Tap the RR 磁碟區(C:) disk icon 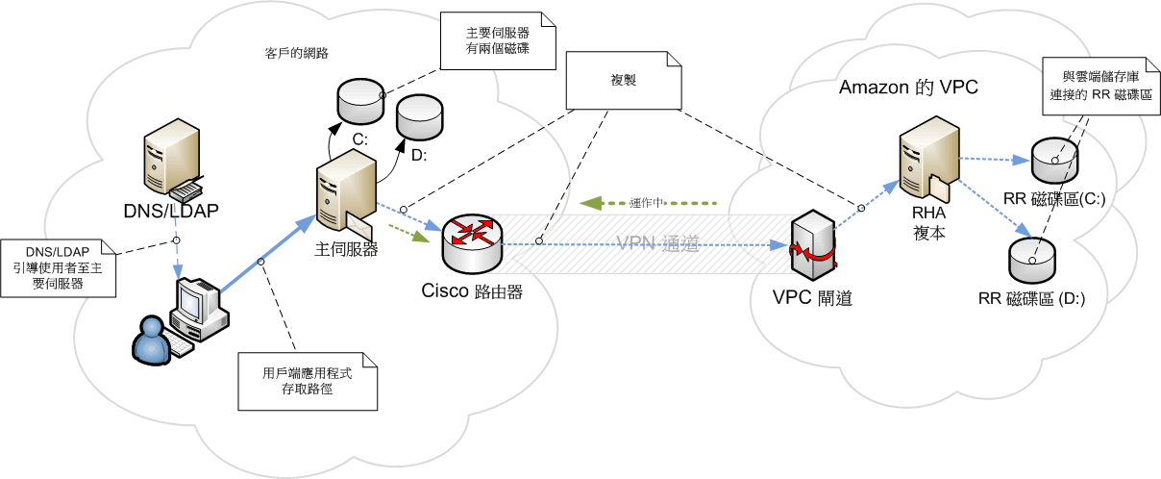1053,159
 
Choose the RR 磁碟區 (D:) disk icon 1030,258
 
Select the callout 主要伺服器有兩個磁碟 497,40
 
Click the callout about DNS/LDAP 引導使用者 58,266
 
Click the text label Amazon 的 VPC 908,88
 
